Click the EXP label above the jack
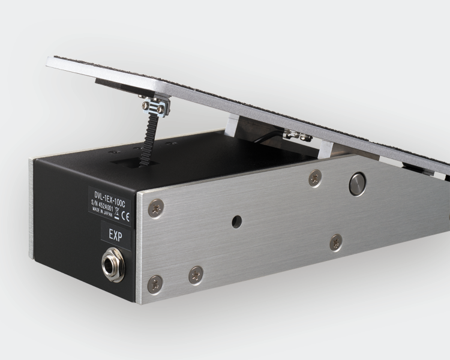tap(115, 236)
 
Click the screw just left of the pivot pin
tap(314, 177)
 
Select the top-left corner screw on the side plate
tap(155, 209)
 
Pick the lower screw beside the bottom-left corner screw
tap(196, 275)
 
